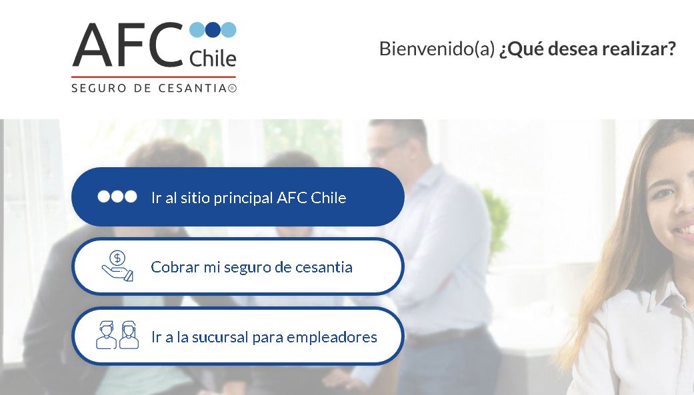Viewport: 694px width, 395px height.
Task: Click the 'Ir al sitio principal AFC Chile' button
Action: [238, 197]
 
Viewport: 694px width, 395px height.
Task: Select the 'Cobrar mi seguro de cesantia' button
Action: [238, 266]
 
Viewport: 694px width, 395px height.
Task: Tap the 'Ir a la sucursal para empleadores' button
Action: [238, 336]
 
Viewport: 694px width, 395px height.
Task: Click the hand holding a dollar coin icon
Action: [117, 266]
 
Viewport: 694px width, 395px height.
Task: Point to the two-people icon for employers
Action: [117, 335]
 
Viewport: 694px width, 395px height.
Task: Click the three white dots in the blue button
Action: [117, 197]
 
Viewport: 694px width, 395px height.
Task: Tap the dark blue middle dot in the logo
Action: [213, 29]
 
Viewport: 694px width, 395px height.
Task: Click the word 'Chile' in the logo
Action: [213, 59]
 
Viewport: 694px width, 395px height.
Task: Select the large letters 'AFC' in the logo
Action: [128, 45]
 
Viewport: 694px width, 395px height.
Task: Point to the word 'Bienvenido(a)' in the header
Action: [437, 49]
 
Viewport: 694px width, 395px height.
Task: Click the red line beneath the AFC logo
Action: [153, 77]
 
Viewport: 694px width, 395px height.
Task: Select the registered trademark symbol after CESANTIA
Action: [233, 89]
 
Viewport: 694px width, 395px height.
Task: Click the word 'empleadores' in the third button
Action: [332, 338]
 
